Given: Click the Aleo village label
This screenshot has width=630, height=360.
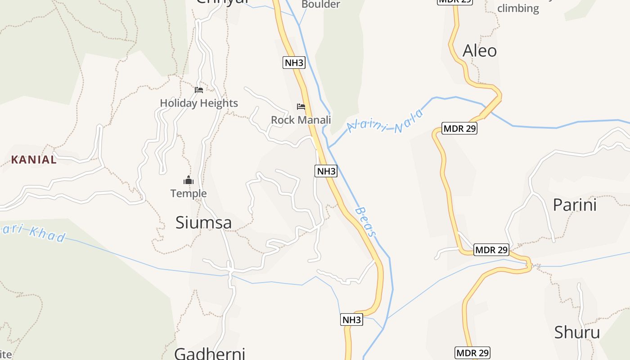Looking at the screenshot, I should click(x=480, y=50).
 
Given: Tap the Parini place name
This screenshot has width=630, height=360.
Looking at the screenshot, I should click(x=574, y=205).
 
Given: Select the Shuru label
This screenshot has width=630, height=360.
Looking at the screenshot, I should click(x=577, y=333).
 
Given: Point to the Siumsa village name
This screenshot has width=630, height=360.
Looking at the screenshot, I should click(x=203, y=222).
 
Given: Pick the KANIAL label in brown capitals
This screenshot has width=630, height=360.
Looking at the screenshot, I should click(x=34, y=159).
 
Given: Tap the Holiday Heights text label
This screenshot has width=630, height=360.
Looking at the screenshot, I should click(x=199, y=103).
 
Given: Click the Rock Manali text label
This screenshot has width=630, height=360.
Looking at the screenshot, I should click(x=301, y=120).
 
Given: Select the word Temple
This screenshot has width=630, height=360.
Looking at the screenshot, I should click(x=189, y=193).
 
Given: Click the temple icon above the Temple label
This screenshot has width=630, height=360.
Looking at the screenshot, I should click(x=188, y=180).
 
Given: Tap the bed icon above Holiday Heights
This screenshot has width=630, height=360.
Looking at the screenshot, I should click(x=199, y=90).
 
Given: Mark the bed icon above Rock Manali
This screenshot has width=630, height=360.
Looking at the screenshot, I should click(x=301, y=107).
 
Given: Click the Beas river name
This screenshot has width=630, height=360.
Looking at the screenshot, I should click(x=365, y=221).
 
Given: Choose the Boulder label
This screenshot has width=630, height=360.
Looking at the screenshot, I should click(x=320, y=4).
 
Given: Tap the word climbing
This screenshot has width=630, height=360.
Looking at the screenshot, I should click(x=518, y=8).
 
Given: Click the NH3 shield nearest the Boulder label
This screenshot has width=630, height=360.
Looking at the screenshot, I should click(x=294, y=63).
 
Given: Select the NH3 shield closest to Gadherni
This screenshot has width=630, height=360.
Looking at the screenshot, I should click(x=351, y=320).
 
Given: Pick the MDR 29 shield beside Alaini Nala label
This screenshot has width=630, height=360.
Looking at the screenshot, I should click(x=459, y=128).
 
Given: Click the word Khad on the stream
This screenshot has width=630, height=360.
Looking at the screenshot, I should click(x=48, y=234).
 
